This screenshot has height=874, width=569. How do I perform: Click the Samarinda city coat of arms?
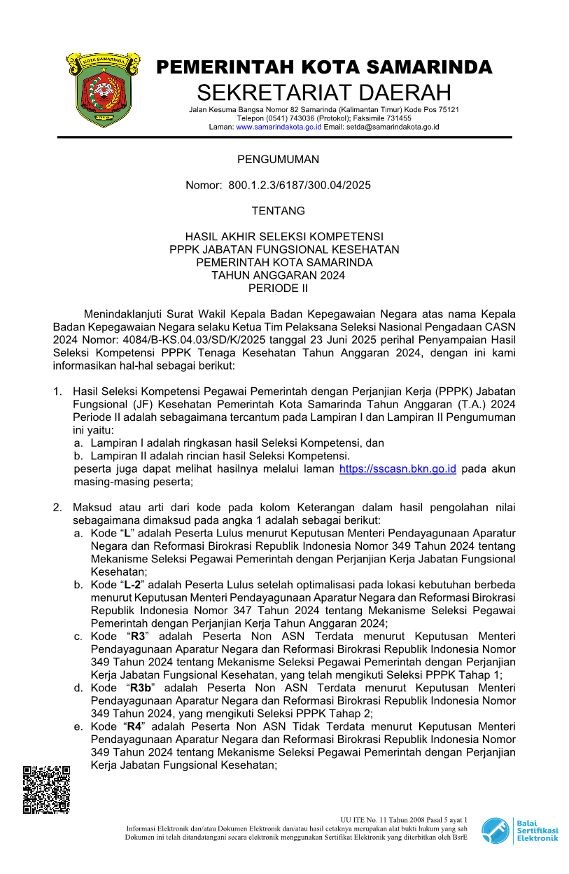click(x=103, y=89)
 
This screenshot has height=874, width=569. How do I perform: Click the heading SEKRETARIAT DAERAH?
click(x=324, y=92)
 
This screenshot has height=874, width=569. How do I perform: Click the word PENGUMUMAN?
click(x=278, y=159)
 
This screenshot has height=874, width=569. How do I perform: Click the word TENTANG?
click(x=278, y=211)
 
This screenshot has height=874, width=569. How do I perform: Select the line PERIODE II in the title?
click(x=278, y=288)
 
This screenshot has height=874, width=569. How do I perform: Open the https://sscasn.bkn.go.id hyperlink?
click(x=398, y=469)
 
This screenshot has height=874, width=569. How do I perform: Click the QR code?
click(x=46, y=789)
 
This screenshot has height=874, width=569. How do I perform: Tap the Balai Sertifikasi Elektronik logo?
click(x=520, y=831)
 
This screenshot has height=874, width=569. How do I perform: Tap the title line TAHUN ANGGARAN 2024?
click(x=278, y=275)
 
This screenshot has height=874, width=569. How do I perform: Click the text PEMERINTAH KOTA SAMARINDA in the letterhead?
click(x=324, y=67)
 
